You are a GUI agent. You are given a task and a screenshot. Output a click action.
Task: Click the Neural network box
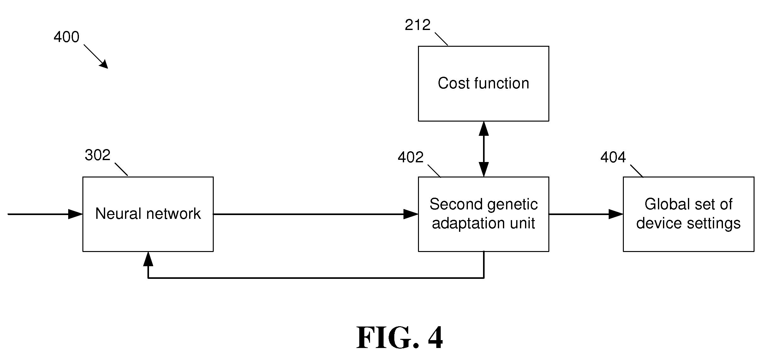pyautogui.click(x=148, y=214)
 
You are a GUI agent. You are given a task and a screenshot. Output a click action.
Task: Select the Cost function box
pyautogui.click(x=483, y=84)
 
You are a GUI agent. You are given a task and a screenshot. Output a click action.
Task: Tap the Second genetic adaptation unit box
pyautogui.click(x=483, y=214)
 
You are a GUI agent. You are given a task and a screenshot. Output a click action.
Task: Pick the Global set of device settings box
pyautogui.click(x=689, y=214)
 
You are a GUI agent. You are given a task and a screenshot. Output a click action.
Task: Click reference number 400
pyautogui.click(x=66, y=37)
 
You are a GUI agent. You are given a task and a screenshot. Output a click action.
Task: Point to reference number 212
pyautogui.click(x=418, y=25)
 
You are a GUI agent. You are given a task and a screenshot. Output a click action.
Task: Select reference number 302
pyautogui.click(x=98, y=155)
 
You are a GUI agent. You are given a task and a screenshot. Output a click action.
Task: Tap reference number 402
pyautogui.click(x=410, y=157)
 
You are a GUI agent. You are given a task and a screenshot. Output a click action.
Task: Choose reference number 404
pyautogui.click(x=613, y=157)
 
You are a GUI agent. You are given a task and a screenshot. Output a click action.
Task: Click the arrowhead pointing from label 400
pyautogui.click(x=104, y=64)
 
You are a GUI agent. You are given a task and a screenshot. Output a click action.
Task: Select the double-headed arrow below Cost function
pyautogui.click(x=484, y=149)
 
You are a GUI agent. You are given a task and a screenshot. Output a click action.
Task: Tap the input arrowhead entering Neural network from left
pyautogui.click(x=75, y=214)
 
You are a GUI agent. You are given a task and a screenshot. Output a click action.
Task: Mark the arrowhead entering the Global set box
pyautogui.click(x=616, y=214)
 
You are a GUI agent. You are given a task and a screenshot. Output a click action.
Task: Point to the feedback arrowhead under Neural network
pyautogui.click(x=148, y=259)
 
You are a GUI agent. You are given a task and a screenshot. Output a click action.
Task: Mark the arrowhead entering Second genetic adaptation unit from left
pyautogui.click(x=411, y=214)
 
